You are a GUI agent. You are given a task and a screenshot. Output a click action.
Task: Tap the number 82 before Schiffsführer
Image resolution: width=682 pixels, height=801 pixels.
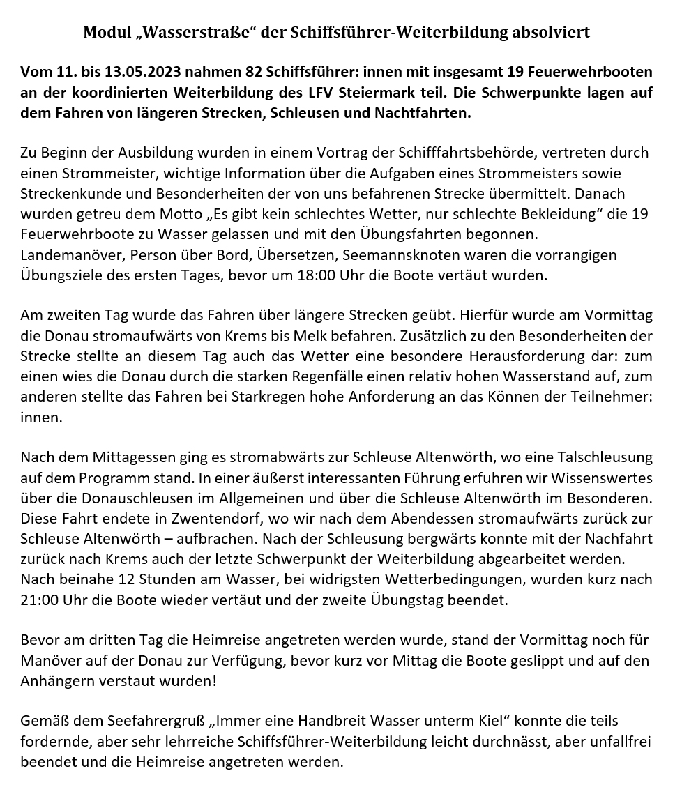tap(254, 72)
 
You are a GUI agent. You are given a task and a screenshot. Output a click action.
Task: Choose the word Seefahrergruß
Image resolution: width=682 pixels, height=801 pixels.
tap(145, 721)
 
